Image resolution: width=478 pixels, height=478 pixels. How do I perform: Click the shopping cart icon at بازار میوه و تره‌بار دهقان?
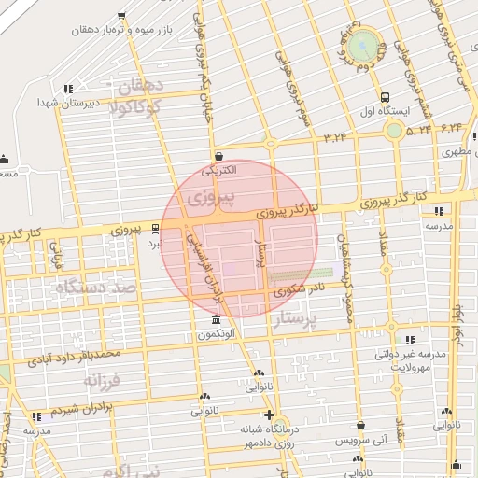[122, 16]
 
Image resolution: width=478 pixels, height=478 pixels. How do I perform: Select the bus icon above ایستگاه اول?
[385, 97]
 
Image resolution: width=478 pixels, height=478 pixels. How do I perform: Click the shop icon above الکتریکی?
[218, 156]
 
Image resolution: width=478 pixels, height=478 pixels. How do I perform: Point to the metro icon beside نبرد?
[155, 228]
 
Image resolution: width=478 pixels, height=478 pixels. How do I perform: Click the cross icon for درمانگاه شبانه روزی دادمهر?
[270, 415]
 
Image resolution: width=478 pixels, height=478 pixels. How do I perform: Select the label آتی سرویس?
[359, 439]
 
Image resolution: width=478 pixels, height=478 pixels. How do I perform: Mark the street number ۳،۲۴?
[334, 138]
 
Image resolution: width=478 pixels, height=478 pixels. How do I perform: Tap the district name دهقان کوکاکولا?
[136, 97]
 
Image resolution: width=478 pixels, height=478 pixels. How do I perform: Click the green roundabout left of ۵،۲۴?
[394, 130]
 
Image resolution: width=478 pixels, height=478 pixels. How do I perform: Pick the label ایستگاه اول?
[381, 112]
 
